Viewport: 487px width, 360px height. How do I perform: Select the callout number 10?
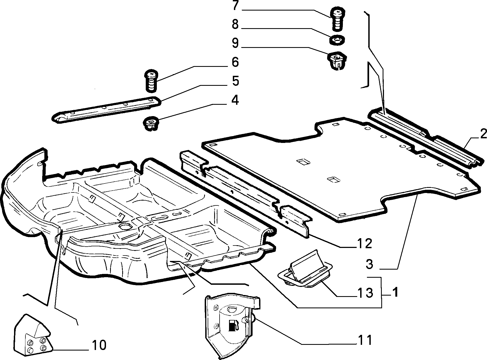[99, 345]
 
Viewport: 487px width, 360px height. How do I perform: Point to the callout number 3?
[370, 264]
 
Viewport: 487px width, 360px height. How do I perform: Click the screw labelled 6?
[151, 81]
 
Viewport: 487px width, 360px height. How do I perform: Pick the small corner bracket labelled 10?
[33, 336]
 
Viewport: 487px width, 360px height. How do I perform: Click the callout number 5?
[235, 81]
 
